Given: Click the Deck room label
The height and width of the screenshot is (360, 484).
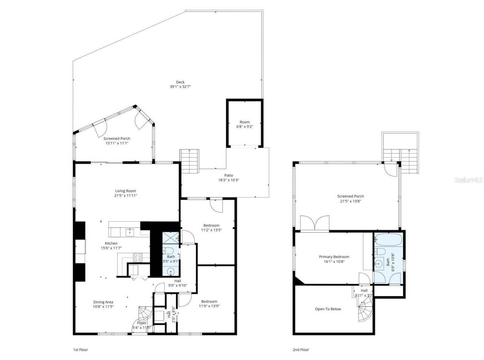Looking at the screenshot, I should [x=180, y=82].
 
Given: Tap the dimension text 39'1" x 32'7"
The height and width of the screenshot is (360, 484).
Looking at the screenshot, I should [x=180, y=87].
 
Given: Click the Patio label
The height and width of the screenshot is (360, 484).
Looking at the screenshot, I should [x=228, y=175].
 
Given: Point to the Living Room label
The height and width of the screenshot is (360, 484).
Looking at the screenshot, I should [x=126, y=191].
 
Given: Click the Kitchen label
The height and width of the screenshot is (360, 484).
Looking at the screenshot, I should [x=111, y=243].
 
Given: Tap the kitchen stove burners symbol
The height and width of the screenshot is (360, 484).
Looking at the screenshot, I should [x=138, y=257].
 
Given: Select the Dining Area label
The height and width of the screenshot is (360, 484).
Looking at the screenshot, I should [x=103, y=302].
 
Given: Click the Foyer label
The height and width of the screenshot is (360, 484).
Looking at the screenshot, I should [x=142, y=323].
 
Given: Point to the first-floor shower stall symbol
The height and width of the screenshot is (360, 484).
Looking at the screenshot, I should [x=171, y=238].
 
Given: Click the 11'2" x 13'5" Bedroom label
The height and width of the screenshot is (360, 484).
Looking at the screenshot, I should [x=211, y=225].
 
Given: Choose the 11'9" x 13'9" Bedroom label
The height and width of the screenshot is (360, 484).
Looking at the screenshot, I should [x=209, y=301].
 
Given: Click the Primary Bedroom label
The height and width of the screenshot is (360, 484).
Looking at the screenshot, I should [x=334, y=257].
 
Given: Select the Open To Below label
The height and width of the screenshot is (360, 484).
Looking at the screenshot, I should [x=328, y=309].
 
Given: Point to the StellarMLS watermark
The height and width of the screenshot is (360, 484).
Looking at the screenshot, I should [x=468, y=180].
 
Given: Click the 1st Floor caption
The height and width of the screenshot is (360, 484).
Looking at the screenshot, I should [x=80, y=350].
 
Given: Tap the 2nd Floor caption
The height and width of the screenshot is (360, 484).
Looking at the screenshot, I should [x=301, y=350].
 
